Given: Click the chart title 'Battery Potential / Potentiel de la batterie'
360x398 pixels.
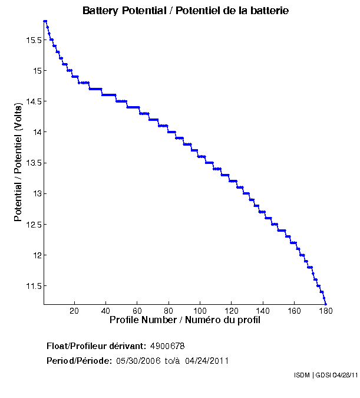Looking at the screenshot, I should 186,11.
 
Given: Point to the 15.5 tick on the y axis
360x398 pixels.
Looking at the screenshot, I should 32,40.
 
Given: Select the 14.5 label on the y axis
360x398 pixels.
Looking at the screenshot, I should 32,101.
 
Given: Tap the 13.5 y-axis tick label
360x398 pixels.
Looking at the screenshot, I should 32,163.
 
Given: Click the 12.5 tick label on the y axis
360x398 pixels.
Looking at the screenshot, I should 32,225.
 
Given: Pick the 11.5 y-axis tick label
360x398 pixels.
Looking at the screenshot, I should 32,286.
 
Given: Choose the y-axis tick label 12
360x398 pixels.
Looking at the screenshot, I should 37,255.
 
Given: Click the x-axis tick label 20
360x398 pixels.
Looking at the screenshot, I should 74,311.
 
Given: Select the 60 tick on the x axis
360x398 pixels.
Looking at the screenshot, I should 137,311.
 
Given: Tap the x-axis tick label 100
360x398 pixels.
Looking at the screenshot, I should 200,311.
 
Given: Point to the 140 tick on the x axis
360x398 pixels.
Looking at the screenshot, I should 263,311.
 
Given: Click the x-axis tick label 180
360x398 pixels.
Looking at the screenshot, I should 325,311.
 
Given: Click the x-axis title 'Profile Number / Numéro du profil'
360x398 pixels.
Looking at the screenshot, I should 185,320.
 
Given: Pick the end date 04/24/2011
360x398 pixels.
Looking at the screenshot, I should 207,361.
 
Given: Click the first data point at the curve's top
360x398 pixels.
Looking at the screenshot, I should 45,21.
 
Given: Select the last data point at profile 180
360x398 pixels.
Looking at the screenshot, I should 325,304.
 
